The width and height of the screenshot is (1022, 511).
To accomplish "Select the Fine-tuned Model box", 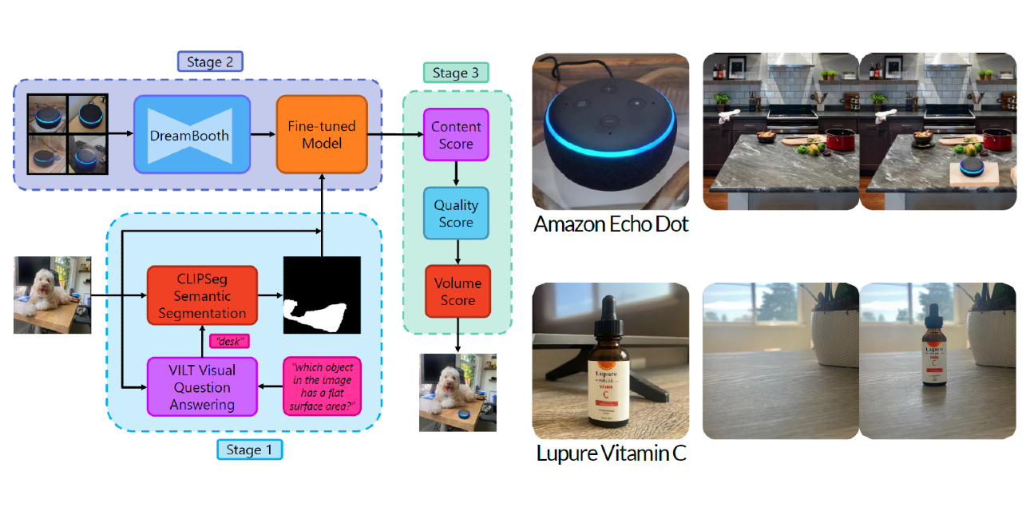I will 322,134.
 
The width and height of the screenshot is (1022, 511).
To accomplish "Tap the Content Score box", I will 456,135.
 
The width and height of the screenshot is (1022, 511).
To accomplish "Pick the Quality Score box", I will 456,214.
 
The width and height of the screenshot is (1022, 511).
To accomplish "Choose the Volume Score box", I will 458,291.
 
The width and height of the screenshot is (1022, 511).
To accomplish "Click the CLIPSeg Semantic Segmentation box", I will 202,295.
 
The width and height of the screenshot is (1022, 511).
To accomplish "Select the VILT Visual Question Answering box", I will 202,386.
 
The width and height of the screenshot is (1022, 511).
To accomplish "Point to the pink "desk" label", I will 230,341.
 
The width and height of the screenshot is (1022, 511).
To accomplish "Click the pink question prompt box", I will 323,386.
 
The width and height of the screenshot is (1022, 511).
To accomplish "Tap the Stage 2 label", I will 210,61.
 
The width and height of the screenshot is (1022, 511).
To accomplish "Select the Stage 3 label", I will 456,73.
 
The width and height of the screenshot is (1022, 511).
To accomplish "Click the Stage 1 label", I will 249,450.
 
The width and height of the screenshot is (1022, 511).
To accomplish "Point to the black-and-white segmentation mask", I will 323,295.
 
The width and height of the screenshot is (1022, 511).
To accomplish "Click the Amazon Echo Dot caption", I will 611,224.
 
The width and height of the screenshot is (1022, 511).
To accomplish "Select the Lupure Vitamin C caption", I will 611,454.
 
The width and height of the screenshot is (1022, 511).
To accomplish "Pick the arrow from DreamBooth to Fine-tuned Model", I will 263,134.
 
